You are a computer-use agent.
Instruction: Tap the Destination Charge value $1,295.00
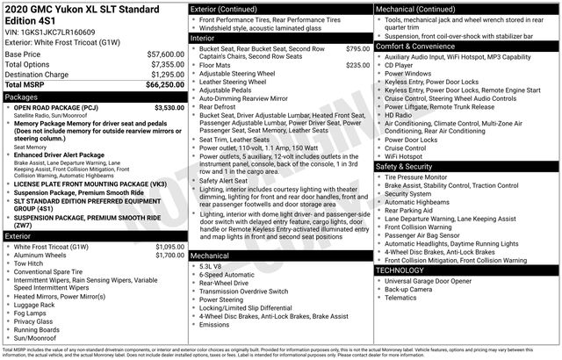(x=164, y=74)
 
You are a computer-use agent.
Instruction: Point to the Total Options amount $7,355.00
(x=164, y=64)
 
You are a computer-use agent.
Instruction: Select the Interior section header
(x=204, y=38)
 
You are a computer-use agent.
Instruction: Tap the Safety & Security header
(x=404, y=166)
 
